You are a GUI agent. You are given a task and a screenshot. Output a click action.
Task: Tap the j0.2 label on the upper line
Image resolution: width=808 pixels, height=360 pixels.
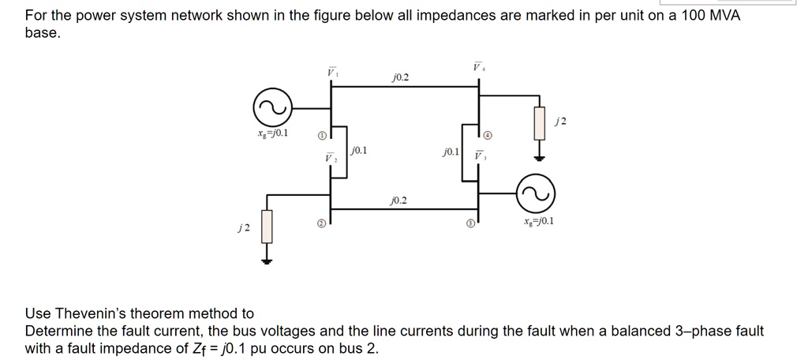click(400, 77)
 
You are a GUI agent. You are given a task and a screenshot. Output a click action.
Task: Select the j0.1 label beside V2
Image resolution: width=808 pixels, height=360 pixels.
click(359, 149)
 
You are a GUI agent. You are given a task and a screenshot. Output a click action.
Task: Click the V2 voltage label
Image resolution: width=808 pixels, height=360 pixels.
click(331, 158)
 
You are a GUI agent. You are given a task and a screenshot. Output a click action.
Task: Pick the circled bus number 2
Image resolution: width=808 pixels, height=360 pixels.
click(320, 223)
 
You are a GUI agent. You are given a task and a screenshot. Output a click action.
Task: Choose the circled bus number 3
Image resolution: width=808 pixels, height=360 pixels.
click(472, 224)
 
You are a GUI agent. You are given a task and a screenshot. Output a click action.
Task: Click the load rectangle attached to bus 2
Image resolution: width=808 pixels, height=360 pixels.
click(267, 226)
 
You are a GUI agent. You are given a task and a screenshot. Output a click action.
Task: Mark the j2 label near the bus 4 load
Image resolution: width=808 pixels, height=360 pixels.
click(561, 121)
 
